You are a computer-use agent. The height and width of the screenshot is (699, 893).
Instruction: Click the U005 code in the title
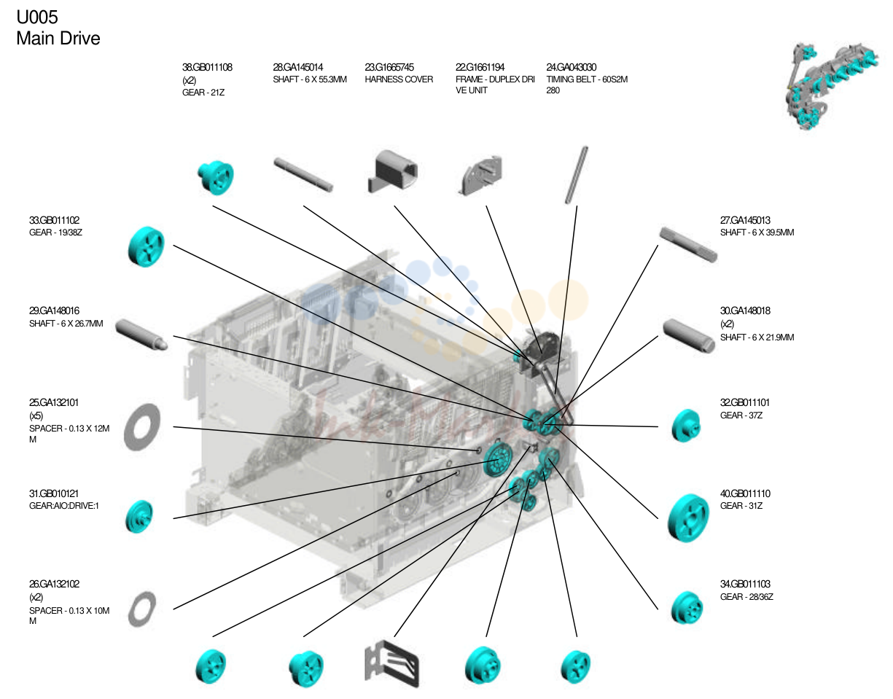coord(37,17)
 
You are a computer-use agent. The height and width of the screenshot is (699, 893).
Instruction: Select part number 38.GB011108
coord(207,67)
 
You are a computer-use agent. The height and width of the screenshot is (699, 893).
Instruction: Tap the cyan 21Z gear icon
coord(216,177)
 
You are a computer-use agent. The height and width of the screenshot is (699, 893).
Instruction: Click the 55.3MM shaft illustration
coord(303,174)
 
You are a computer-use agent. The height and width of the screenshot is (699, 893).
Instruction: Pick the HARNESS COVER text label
coord(399,79)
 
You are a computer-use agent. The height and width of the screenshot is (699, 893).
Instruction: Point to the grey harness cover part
coord(392,171)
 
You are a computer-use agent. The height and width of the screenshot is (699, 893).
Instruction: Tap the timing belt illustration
coord(576,175)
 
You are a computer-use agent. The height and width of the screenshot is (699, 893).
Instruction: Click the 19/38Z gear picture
coord(147,246)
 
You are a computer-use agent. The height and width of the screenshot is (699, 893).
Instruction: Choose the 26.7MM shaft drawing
coord(141,335)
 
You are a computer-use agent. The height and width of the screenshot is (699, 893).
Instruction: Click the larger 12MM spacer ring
coord(142,427)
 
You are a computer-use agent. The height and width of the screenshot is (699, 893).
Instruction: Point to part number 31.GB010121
coord(54,493)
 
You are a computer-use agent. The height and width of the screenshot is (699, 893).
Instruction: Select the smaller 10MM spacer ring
coord(142,609)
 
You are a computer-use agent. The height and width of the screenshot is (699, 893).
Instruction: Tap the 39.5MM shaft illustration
coord(688,244)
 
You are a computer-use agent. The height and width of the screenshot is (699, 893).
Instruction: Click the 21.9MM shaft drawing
coord(689,335)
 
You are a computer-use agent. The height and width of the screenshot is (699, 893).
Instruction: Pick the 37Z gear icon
coord(686,426)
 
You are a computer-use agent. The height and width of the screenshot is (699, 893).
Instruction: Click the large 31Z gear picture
coord(688,518)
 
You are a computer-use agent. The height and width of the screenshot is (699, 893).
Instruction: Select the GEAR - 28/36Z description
coord(746,597)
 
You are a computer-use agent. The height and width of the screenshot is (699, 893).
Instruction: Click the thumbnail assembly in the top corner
coord(831,85)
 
